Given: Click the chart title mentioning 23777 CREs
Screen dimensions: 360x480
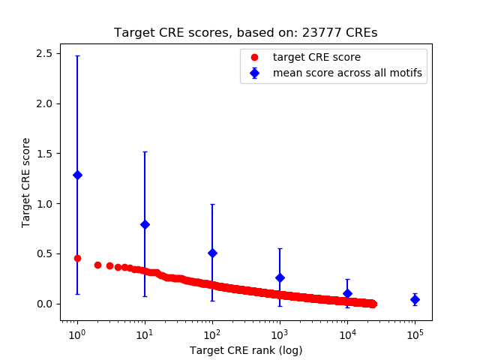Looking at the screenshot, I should (x=245, y=33).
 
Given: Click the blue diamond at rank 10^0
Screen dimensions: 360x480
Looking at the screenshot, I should (x=77, y=175).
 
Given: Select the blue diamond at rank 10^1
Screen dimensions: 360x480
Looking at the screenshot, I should (x=145, y=224).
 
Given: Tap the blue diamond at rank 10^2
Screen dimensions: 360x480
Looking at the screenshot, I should (x=212, y=253).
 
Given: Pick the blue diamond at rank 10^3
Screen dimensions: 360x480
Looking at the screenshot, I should (x=280, y=277).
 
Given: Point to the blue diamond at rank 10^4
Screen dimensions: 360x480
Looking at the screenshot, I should (x=347, y=293).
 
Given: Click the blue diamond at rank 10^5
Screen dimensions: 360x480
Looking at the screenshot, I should (x=415, y=299).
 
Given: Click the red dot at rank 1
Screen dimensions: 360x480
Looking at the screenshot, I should (x=77, y=258).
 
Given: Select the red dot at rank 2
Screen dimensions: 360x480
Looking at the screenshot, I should (x=97, y=265).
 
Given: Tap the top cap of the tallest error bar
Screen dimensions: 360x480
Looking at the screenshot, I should (x=77, y=55).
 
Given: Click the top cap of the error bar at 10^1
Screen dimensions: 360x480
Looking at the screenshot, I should (x=145, y=151).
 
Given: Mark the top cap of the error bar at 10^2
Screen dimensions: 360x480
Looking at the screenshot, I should (x=212, y=204).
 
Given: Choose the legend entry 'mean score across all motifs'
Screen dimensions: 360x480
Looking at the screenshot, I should (x=347, y=73).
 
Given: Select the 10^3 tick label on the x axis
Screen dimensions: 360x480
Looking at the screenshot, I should (x=280, y=331).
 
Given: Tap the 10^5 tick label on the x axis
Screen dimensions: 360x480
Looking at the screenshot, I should (x=415, y=331).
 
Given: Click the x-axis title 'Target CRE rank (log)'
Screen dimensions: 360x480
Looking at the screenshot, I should (x=246, y=349).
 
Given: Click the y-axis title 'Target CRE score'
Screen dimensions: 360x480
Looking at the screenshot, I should (x=26, y=182).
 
